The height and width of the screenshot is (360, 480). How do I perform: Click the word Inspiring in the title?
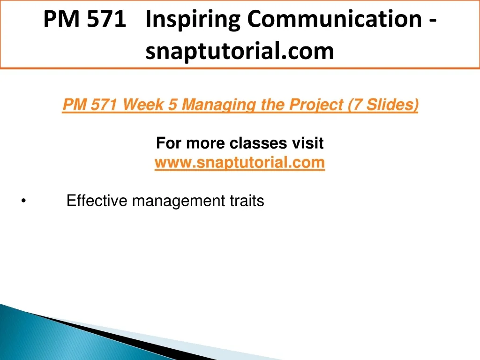pyautogui.click(x=193, y=20)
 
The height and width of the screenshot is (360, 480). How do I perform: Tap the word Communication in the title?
pyautogui.click(x=335, y=19)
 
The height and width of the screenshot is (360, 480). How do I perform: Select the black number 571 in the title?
pyautogui.click(x=106, y=19)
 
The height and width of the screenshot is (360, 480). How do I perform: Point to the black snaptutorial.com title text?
pyautogui.click(x=240, y=51)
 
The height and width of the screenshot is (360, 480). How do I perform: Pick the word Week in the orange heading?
pyautogui.click(x=143, y=105)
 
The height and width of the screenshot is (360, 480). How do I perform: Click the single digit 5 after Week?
pyautogui.click(x=173, y=105)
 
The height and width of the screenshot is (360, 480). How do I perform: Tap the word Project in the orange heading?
pyautogui.click(x=316, y=105)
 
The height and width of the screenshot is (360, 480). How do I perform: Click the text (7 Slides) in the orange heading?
pyautogui.click(x=383, y=105)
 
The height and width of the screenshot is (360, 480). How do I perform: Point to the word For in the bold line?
pyautogui.click(x=169, y=143)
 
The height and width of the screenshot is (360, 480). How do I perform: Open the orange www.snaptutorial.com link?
pyautogui.click(x=240, y=163)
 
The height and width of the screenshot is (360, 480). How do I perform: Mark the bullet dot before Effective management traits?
pyautogui.click(x=23, y=201)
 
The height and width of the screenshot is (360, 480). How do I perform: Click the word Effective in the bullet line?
pyautogui.click(x=97, y=201)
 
